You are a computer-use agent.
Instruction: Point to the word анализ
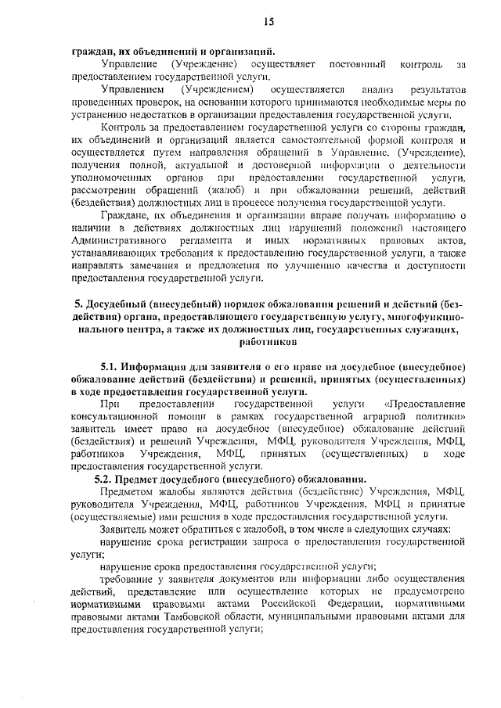coord(362,91)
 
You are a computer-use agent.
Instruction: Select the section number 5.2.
coord(108,477)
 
